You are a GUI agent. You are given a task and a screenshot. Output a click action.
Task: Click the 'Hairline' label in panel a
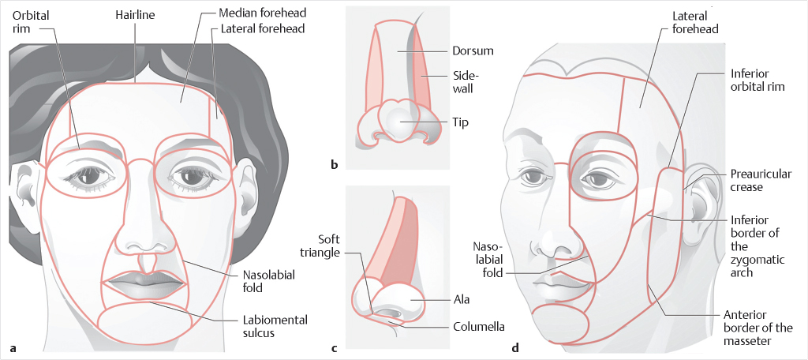point(134,15)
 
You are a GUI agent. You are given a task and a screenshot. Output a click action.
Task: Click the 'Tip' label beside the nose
point(461,122)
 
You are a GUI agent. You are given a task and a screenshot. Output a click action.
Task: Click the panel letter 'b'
point(335,164)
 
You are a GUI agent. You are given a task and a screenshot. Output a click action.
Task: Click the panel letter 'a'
point(13,346)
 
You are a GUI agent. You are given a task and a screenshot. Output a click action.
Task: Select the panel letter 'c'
point(335,346)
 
